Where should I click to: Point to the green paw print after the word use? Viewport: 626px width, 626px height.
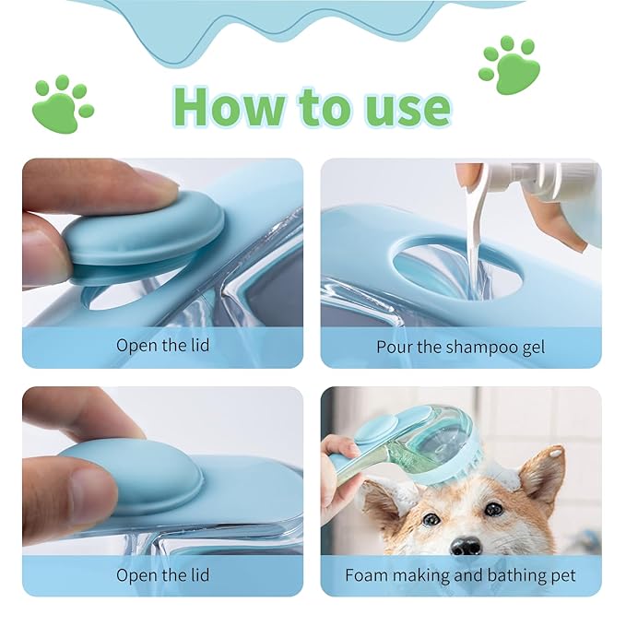pyautogui.click(x=509, y=65)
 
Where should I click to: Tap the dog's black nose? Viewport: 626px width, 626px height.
pyautogui.click(x=467, y=546)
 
